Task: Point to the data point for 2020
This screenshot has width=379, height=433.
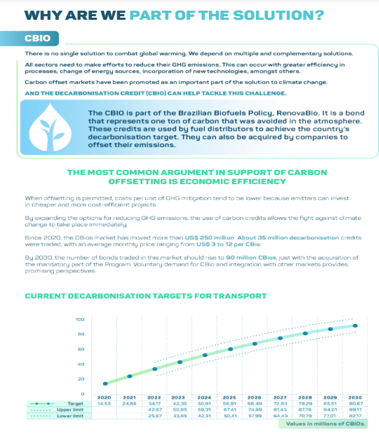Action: pos(105,383)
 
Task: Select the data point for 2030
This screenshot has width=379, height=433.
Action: pos(355,326)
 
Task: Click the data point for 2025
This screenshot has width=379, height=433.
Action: pos(230,349)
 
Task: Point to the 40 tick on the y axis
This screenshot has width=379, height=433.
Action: pos(80,364)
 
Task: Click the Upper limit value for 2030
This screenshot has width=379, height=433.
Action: pos(355,409)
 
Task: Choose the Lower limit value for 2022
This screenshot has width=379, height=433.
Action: pos(155,416)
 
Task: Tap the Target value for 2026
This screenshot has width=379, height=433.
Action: pos(255,403)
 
